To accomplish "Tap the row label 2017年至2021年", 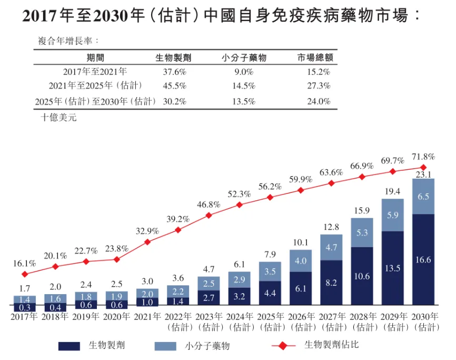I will coord(95,71).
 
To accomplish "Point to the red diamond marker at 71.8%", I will coord(424,168).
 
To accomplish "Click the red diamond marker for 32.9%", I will coord(147,242).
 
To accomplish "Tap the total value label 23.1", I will coord(424,174).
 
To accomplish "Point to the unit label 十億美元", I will coord(58,118).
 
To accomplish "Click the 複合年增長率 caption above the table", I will coord(68,41).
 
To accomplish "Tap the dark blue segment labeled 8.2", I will coord(331,283).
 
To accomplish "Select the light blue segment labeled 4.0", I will coord(301,261).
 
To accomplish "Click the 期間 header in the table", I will coord(95,58).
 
